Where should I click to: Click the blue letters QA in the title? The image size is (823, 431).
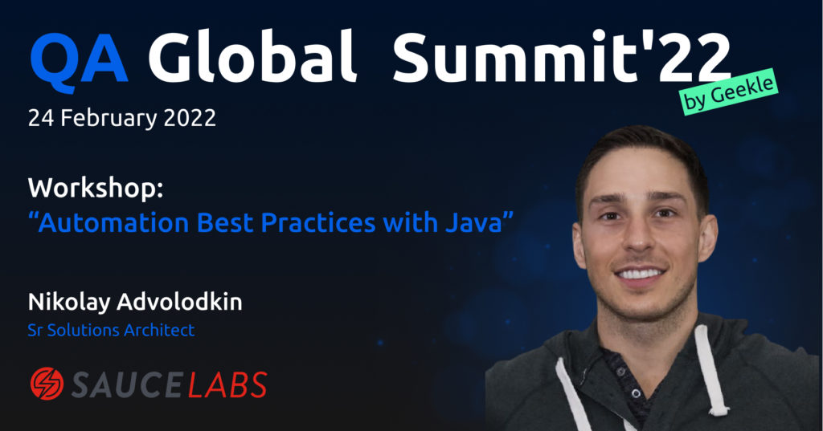tap(80, 62)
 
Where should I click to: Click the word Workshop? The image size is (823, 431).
tap(96, 189)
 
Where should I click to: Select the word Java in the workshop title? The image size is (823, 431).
tap(474, 223)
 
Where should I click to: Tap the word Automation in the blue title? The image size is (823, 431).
tap(113, 223)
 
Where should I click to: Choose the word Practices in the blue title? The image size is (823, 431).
tap(318, 223)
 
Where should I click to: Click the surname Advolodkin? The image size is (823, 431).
tap(179, 303)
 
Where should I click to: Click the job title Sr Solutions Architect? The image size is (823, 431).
tap(111, 331)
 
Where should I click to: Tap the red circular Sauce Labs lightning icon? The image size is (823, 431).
tap(47, 384)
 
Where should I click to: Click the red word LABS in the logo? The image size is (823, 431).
tap(227, 384)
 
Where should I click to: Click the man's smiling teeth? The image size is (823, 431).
tap(639, 274)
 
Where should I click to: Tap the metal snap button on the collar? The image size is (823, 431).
tap(637, 393)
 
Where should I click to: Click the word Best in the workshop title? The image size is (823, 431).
tap(225, 223)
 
